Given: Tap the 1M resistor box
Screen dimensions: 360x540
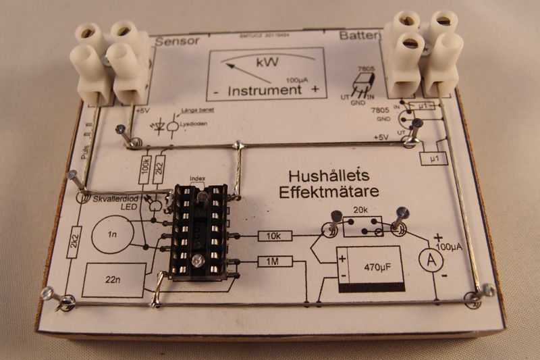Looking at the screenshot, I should [x=273, y=261].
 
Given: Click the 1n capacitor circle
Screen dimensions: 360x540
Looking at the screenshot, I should [x=113, y=234].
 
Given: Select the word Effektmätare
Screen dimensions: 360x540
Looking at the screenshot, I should [x=328, y=192].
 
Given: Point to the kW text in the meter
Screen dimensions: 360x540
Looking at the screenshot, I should [x=265, y=63].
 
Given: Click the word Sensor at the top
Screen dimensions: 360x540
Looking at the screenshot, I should [x=178, y=41].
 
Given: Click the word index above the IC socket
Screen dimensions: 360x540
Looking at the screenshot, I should [x=197, y=180].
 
